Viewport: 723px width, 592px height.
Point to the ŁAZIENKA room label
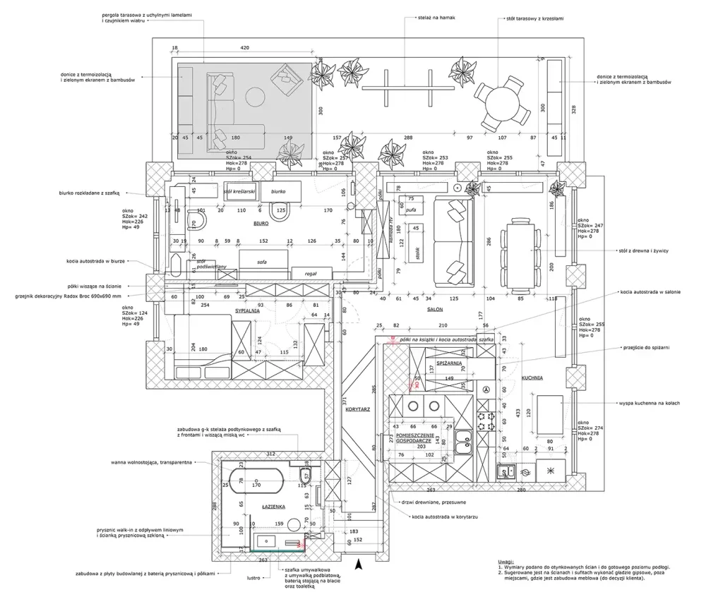(x=273, y=507)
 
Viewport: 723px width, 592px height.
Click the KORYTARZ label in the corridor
(x=359, y=409)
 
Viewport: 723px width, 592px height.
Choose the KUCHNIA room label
(x=532, y=378)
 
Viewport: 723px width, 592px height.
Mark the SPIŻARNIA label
(x=449, y=363)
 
